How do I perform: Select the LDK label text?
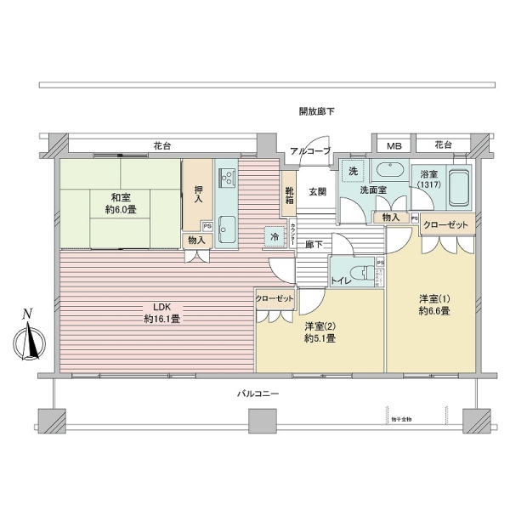point(161,314)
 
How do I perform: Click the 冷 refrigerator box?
point(275,235)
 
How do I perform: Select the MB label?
point(393,146)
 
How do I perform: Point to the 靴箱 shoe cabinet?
point(289,196)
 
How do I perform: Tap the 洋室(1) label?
point(433,304)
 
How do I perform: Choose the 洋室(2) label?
point(319,332)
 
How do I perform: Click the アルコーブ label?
point(309,151)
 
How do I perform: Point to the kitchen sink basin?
point(226,226)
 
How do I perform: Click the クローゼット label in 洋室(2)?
point(275,299)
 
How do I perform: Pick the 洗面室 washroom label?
point(373,190)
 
